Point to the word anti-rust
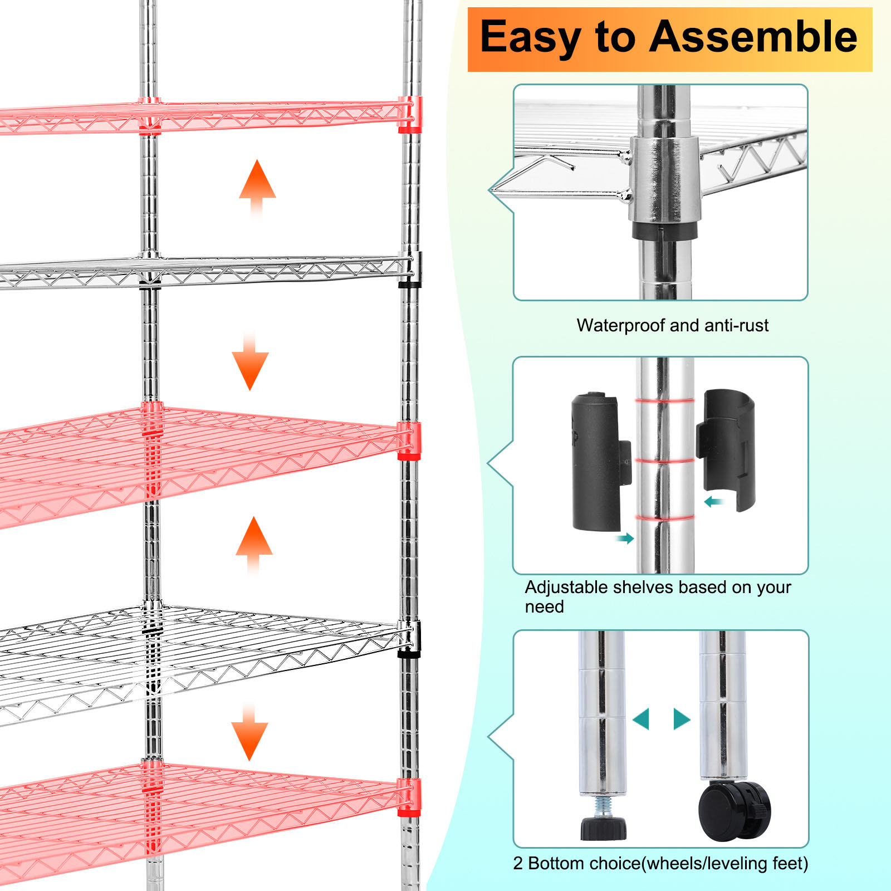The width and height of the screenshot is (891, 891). [x=736, y=325]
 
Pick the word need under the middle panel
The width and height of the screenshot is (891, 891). [x=544, y=607]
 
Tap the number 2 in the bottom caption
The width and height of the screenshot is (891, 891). [x=518, y=863]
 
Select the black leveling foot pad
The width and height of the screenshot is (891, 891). [x=603, y=828]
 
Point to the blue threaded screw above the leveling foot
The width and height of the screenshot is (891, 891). [x=604, y=805]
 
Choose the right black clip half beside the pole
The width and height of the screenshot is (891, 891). [x=727, y=448]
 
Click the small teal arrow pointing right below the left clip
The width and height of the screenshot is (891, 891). [x=625, y=538]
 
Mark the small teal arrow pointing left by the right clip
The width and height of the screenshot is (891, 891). [x=713, y=502]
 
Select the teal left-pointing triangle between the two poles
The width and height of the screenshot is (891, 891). [x=642, y=719]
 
